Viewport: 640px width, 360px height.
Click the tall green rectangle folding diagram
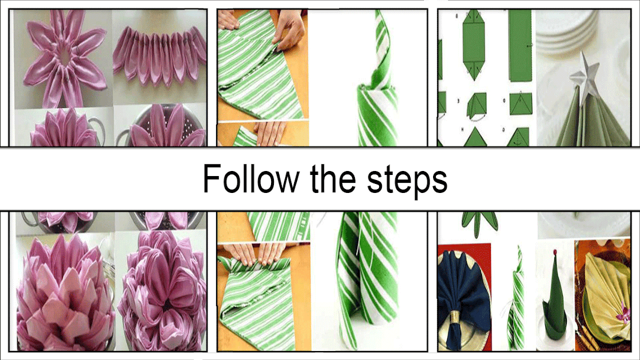[x=520, y=46]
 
